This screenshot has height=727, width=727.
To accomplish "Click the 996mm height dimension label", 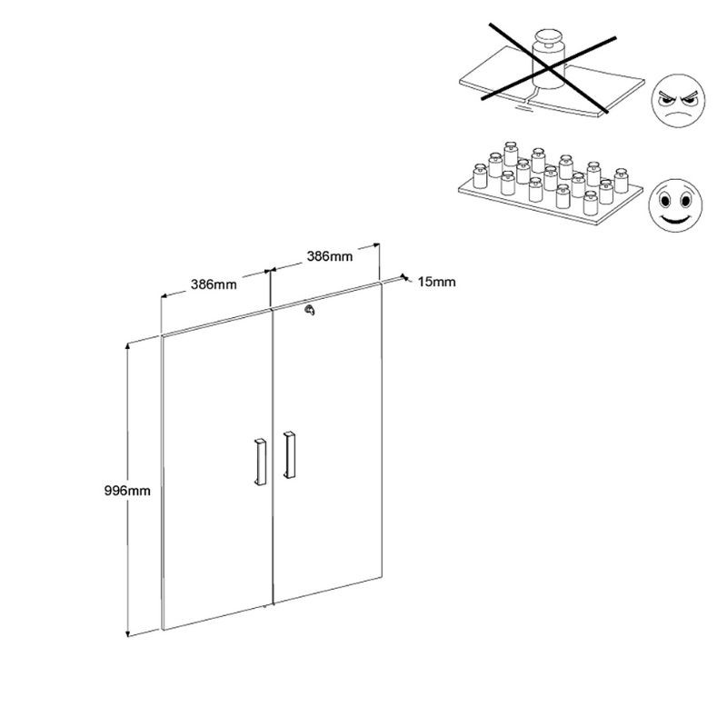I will [x=127, y=491].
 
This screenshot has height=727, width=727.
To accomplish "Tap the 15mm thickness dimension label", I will [x=437, y=282].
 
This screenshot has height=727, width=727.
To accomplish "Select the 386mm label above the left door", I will [x=214, y=284].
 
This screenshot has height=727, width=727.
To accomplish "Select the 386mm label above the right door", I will [x=329, y=256].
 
